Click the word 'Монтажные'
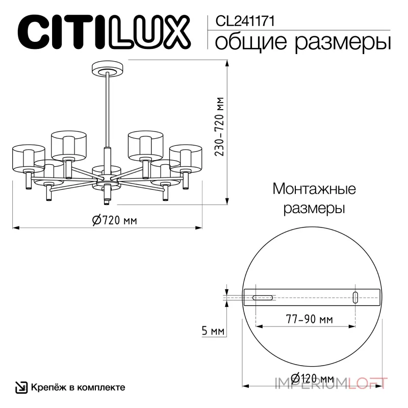coord(314,189)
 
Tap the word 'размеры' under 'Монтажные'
coord(314,208)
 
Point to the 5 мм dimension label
coord(213,331)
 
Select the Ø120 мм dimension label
coord(312,378)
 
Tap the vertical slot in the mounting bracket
coord(356,297)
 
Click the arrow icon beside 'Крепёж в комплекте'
coord(21,387)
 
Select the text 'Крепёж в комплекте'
coord(78,387)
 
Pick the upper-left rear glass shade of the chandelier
coord(70,144)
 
